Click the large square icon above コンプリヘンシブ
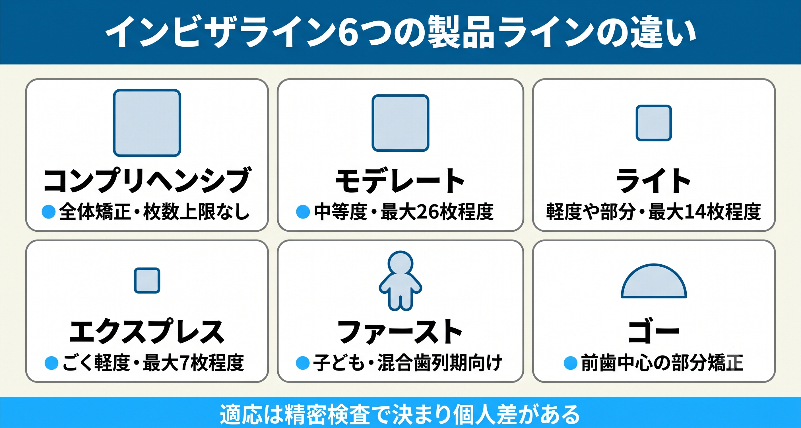(147, 123)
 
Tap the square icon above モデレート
(400, 123)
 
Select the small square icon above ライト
(654, 123)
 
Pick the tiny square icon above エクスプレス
(147, 280)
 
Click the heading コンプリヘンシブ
(147, 180)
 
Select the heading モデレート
(400, 180)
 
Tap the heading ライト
(653, 180)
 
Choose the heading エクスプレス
(147, 331)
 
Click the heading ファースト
(400, 332)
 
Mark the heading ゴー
(654, 332)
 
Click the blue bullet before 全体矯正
(49, 212)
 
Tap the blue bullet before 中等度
(303, 212)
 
